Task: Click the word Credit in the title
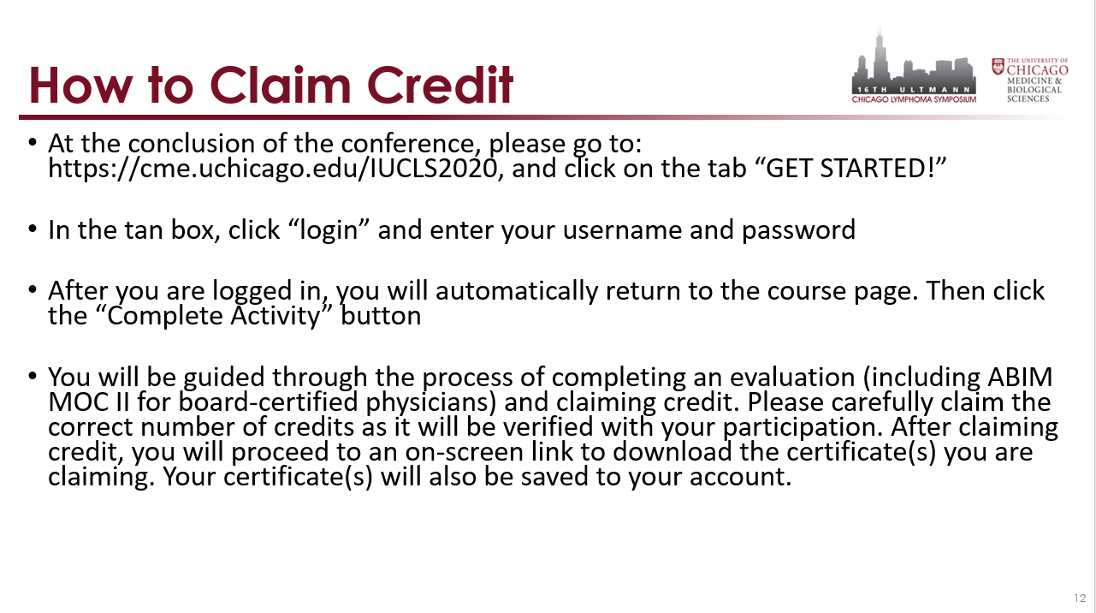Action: click(440, 86)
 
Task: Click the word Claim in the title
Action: click(280, 86)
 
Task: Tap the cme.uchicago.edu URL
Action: click(273, 169)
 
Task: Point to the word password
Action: click(798, 230)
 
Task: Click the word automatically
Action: click(517, 291)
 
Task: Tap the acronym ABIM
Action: click(1020, 378)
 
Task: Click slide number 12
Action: click(1081, 598)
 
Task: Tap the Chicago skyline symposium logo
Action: click(914, 67)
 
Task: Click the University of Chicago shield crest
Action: click(998, 66)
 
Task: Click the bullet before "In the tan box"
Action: click(33, 229)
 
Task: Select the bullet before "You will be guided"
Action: click(33, 377)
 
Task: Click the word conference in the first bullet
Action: click(407, 144)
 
